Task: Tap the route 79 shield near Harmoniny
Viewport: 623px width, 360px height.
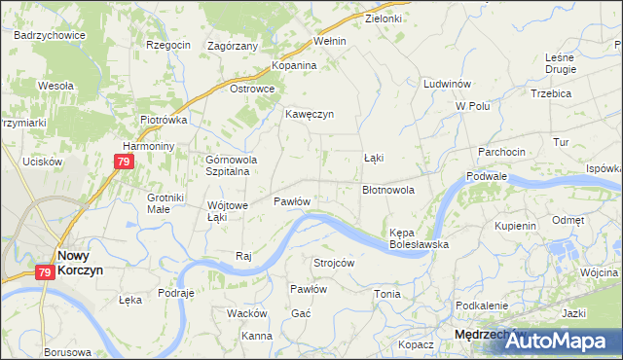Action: (x=123, y=163)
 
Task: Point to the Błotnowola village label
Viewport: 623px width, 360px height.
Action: (x=388, y=190)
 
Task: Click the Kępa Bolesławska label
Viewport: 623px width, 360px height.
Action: (x=419, y=239)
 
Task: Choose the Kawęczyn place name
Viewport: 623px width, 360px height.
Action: (x=310, y=114)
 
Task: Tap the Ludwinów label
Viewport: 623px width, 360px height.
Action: (x=448, y=84)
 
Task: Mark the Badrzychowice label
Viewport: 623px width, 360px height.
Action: (x=50, y=34)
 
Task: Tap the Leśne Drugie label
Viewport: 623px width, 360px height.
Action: (x=561, y=63)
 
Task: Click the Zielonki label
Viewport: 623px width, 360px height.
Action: (x=384, y=18)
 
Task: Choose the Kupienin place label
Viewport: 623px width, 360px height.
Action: (x=516, y=225)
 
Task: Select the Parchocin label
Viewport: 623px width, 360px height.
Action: (x=501, y=152)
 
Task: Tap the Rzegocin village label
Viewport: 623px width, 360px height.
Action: (x=167, y=44)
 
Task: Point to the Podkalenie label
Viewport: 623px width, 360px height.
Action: (x=483, y=306)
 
